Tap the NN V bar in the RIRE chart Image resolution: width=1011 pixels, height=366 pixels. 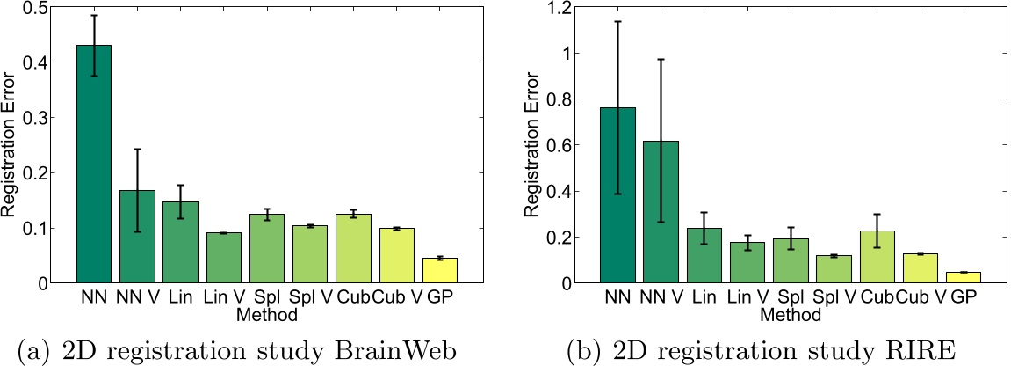tap(660, 212)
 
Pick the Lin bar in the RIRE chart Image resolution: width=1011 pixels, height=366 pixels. tap(703, 256)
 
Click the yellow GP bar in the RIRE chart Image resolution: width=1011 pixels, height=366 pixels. tap(963, 278)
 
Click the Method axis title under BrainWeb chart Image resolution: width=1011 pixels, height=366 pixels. tap(267, 312)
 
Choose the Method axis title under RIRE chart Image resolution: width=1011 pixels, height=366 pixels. tap(790, 312)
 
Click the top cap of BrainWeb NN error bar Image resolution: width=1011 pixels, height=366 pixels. tap(94, 15)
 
